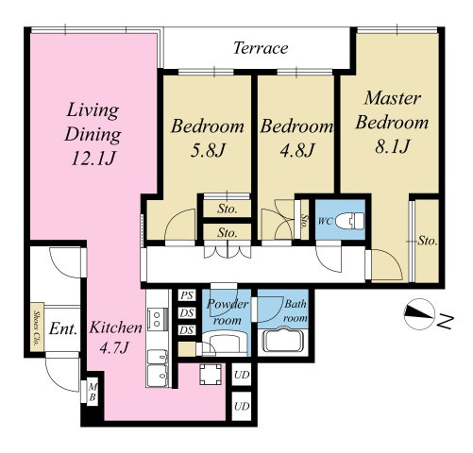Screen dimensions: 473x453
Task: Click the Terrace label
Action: pos(261,48)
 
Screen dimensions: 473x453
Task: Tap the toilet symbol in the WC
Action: pos(349,221)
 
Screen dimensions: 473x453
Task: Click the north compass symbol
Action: pos(419,314)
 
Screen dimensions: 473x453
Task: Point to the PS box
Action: pos(187,295)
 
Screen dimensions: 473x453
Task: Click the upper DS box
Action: pos(187,313)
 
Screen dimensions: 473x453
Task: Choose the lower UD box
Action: pos(242,406)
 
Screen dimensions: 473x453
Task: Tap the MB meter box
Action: pos(93,392)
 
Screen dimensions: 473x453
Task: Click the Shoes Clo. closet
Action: pos(38,327)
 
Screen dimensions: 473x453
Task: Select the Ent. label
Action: pos(63,329)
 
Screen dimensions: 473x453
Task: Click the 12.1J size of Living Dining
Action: pos(93,159)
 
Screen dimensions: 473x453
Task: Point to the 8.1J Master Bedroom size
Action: pos(393,145)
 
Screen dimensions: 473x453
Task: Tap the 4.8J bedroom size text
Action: pos(297,150)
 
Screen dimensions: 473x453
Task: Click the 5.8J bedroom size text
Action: pos(208,150)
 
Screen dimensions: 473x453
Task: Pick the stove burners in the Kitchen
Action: pos(157,319)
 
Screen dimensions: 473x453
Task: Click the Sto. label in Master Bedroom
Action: pos(428,241)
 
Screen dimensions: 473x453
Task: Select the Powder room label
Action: pos(228,312)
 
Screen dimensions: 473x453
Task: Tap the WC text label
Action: pos(325,221)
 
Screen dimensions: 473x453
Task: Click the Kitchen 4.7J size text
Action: pos(114,348)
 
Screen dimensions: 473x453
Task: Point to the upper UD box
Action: pos(242,375)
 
